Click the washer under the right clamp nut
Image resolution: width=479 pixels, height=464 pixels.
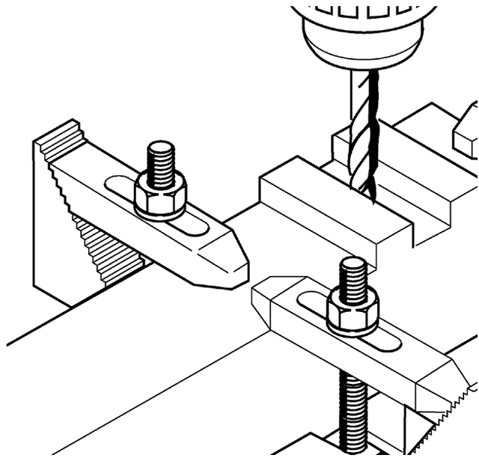point(353,329)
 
